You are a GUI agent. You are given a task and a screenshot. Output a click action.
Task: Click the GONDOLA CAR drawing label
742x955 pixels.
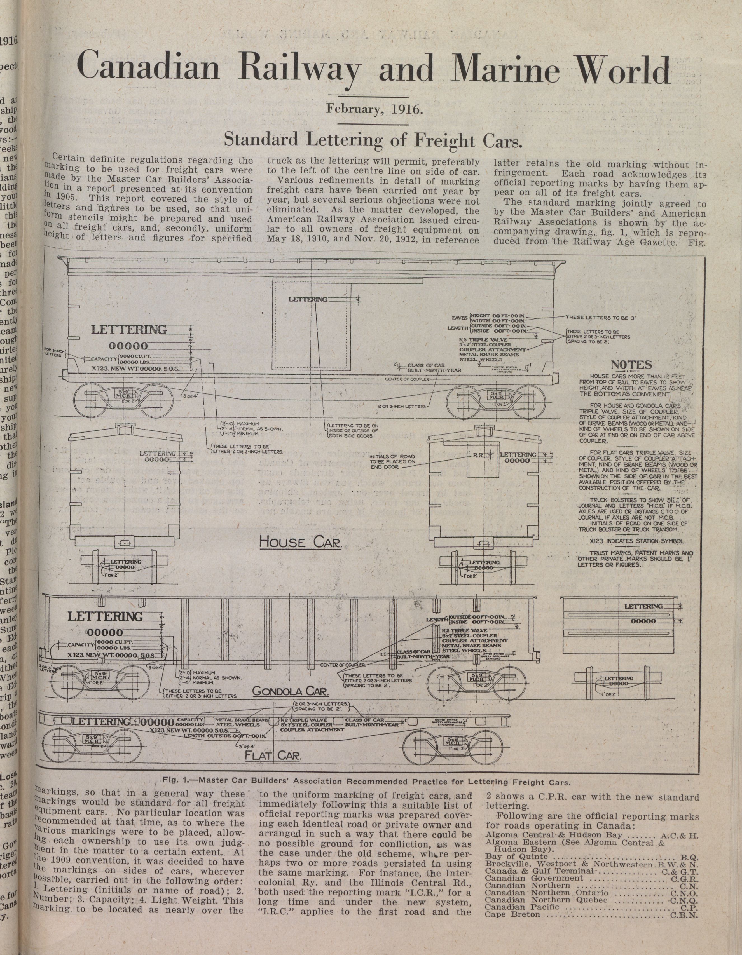(290, 691)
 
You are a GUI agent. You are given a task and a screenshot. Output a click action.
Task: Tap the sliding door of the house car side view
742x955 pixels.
(312, 326)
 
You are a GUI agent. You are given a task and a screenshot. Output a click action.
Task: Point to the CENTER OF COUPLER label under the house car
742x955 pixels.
(407, 379)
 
